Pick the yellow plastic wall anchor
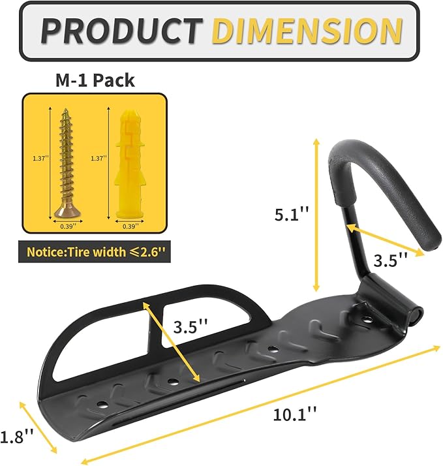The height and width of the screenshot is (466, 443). [128, 163]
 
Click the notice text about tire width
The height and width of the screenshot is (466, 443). [95, 251]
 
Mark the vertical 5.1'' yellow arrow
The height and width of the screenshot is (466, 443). [316, 215]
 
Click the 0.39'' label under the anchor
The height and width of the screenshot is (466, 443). [129, 226]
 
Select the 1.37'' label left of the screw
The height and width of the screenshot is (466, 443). [40, 158]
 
